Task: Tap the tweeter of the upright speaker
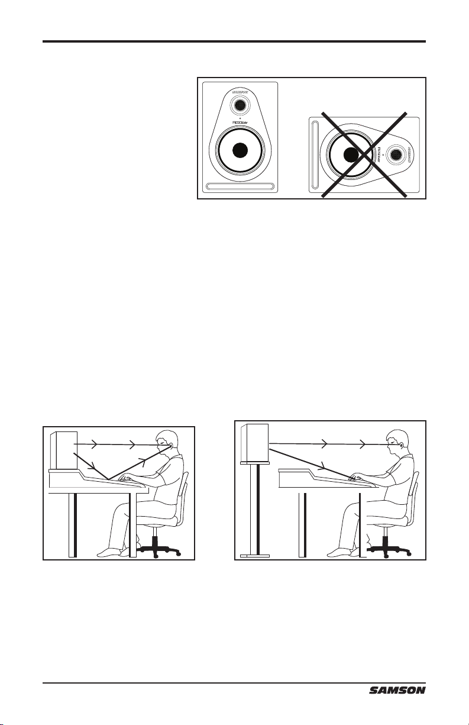tap(239, 105)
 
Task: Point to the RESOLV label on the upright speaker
tap(239, 125)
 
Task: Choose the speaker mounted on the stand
tap(255, 443)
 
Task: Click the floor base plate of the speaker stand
tap(255, 556)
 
